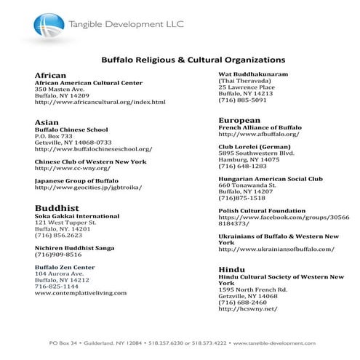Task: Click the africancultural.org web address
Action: tap(100, 103)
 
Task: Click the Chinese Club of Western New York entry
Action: tap(91, 161)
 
